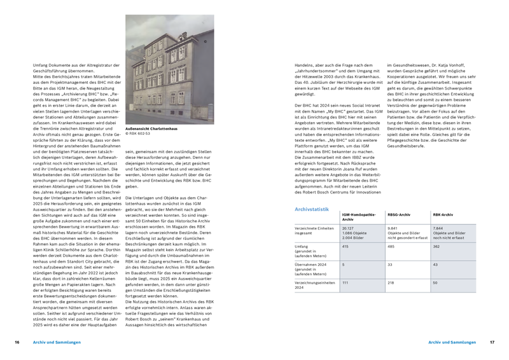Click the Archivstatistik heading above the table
click(x=312, y=209)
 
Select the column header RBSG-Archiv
click(x=398, y=216)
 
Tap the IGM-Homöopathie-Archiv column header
click(x=359, y=218)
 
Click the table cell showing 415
click(x=346, y=246)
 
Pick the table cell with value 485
click(x=392, y=246)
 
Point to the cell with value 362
click(x=437, y=246)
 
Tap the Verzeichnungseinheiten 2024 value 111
click(x=346, y=282)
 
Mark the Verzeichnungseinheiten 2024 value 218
click(x=392, y=282)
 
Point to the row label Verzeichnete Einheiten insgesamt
click(x=314, y=230)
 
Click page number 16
click(x=17, y=342)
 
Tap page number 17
click(x=492, y=342)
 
